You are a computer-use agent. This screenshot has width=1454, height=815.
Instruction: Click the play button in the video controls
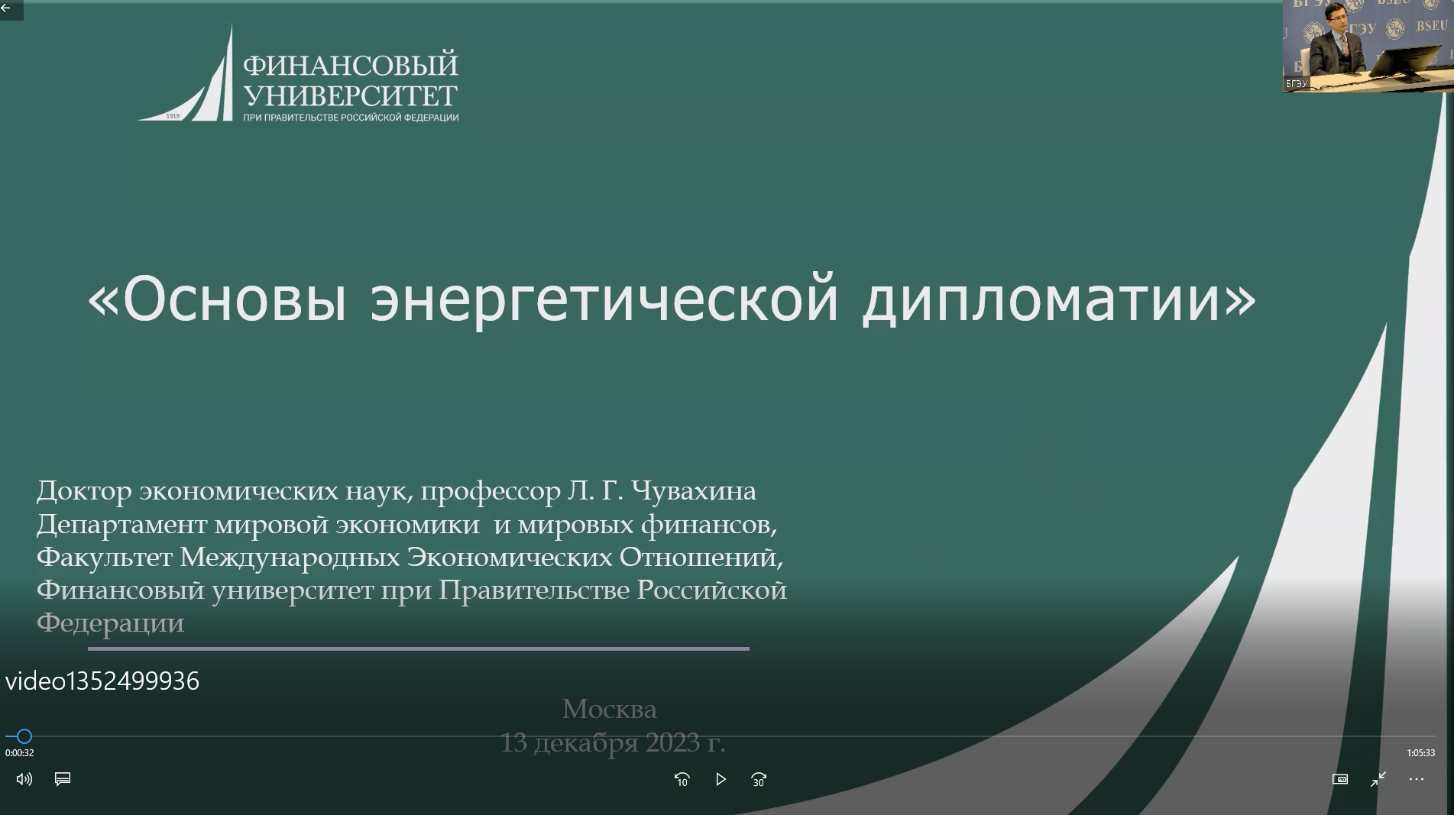pyautogui.click(x=721, y=779)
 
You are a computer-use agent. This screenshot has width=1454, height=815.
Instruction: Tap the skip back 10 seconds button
pyautogui.click(x=682, y=779)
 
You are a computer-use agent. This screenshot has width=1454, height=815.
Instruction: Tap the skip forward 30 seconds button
pyautogui.click(x=759, y=779)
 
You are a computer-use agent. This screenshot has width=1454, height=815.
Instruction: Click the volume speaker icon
pyautogui.click(x=24, y=779)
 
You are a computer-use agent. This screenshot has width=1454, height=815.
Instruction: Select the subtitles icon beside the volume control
pyautogui.click(x=63, y=778)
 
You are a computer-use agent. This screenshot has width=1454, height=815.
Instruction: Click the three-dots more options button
pyautogui.click(x=1416, y=779)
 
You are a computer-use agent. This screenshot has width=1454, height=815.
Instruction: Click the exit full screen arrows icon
pyautogui.click(x=1378, y=779)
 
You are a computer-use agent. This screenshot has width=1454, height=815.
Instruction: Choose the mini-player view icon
pyautogui.click(x=1340, y=779)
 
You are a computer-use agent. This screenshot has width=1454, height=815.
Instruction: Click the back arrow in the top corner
pyautogui.click(x=6, y=8)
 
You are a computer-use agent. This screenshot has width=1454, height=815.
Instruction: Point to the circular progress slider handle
pyautogui.click(x=24, y=736)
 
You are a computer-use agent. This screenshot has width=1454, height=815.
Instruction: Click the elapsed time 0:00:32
pyautogui.click(x=20, y=752)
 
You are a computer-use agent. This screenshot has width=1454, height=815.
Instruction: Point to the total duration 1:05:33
pyautogui.click(x=1420, y=752)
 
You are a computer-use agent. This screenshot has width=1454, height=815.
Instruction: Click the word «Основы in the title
pyautogui.click(x=218, y=299)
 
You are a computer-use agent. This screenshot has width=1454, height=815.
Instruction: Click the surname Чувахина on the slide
pyautogui.click(x=694, y=491)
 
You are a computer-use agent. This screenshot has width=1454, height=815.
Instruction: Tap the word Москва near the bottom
pyautogui.click(x=610, y=709)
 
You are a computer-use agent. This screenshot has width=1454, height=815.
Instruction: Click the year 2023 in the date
pyautogui.click(x=672, y=742)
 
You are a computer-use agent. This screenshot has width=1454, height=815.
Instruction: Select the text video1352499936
pyautogui.click(x=102, y=681)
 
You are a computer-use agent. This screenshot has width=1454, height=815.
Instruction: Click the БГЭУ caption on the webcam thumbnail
pyautogui.click(x=1297, y=84)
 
